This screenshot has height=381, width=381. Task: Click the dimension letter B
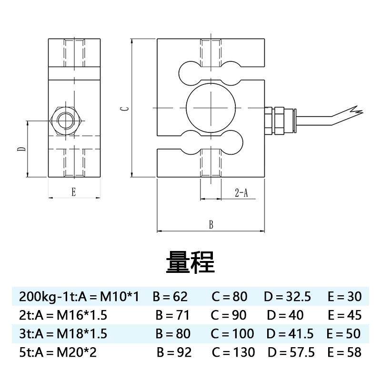click(x=211, y=225)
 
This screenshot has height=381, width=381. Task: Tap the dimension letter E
click(x=73, y=192)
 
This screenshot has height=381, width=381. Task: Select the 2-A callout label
click(x=241, y=193)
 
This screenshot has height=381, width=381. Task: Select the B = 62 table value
click(x=170, y=297)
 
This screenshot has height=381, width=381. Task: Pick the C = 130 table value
click(x=233, y=352)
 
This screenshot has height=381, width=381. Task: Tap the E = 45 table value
click(x=344, y=315)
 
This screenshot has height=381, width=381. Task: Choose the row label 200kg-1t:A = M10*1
click(x=79, y=297)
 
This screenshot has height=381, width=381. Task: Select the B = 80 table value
click(x=173, y=334)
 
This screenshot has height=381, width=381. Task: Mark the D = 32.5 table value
click(x=287, y=297)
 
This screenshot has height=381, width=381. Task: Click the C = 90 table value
click(x=229, y=315)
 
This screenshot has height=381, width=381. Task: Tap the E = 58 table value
click(x=344, y=352)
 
